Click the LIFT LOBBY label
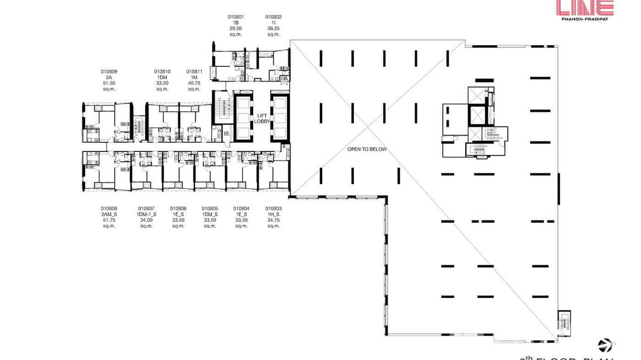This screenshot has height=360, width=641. [263, 118]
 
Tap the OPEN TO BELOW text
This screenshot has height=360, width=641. [367, 149]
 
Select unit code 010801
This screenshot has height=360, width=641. [235, 17]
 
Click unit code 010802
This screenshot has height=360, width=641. [274, 17]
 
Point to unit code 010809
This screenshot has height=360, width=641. [109, 72]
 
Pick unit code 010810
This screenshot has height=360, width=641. [162, 72]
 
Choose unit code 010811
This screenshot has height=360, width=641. [194, 72]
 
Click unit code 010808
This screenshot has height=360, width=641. [109, 208]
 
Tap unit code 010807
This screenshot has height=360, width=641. [146, 208]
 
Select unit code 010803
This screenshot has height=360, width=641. [274, 208]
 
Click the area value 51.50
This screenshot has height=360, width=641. [109, 83]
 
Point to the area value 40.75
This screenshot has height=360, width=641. [194, 83]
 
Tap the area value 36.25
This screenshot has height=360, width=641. [274, 28]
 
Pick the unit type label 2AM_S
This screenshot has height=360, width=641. [109, 214]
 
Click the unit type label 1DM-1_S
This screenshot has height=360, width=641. [146, 214]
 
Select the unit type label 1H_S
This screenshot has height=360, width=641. [274, 214]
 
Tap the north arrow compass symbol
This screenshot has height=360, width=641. [605, 345]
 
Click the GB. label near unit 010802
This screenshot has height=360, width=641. [284, 78]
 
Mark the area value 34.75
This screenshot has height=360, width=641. [274, 220]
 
